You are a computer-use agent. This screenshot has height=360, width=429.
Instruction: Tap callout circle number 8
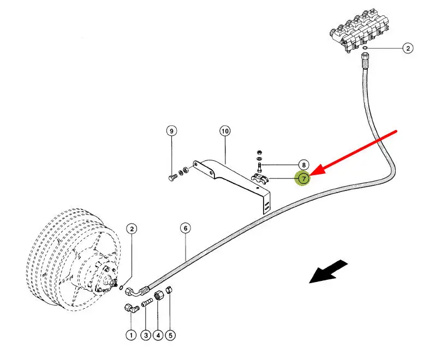click(303, 165)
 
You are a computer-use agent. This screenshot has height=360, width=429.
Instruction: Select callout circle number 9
click(172, 131)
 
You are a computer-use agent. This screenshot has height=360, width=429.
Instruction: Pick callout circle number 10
click(225, 131)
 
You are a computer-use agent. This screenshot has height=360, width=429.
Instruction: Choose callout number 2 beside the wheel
click(131, 229)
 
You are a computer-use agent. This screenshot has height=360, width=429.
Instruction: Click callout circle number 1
click(131, 335)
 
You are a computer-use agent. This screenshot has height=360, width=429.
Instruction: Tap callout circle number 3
click(145, 335)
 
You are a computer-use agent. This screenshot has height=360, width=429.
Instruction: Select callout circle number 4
click(158, 335)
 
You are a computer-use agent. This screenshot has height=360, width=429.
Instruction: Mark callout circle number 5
click(171, 335)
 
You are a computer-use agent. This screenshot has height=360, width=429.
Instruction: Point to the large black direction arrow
click(327, 272)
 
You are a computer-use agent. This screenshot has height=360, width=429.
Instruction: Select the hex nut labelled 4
click(158, 296)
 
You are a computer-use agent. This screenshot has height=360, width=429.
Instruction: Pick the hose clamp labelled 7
click(259, 178)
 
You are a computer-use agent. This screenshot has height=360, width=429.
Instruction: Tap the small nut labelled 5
click(170, 291)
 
